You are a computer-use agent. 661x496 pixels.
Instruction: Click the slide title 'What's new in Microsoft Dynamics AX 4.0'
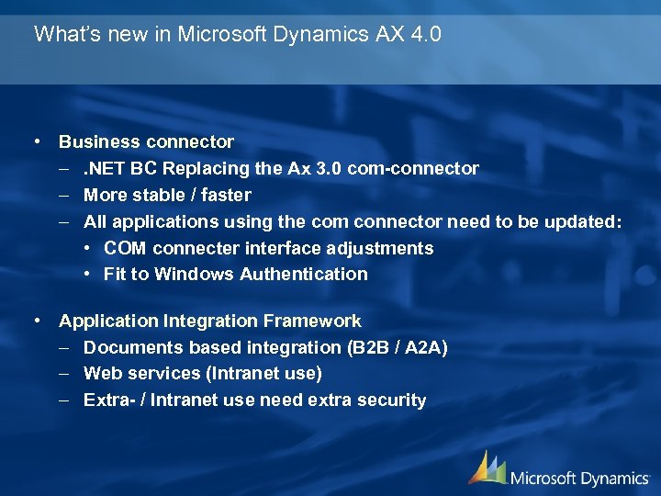coord(238,35)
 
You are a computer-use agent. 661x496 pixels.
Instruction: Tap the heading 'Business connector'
coord(146,142)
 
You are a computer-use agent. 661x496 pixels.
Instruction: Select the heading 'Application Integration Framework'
coord(209,321)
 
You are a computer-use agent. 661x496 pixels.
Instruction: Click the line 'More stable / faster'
coord(166,195)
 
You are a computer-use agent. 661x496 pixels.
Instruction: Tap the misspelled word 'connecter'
coord(192,248)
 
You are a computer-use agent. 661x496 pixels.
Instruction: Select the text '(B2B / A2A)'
coord(397,347)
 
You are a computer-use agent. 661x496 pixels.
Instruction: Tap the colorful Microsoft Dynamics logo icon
coord(487,468)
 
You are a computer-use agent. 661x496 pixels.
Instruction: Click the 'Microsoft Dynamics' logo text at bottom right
coord(578,477)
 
